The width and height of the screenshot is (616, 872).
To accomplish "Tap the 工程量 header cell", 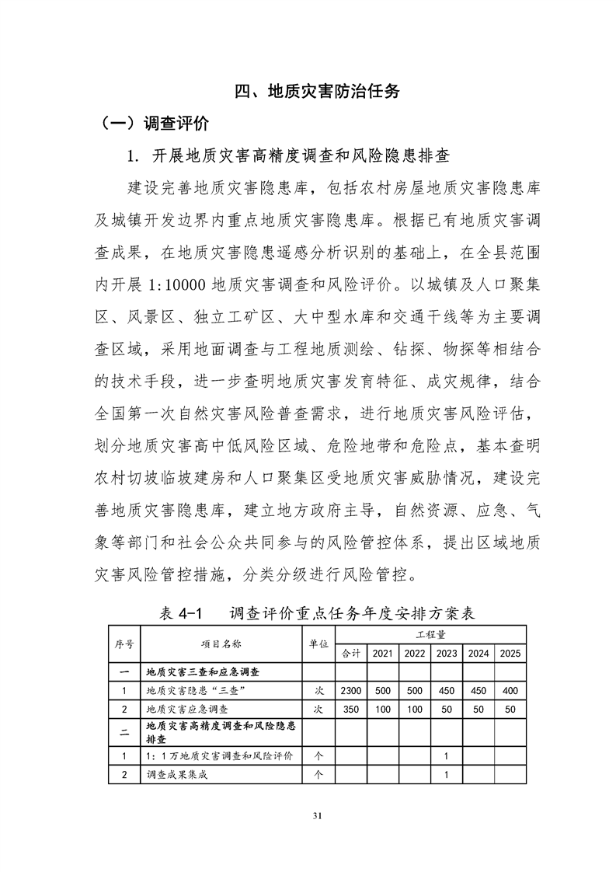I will point(430,635).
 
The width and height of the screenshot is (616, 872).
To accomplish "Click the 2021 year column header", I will point(382,654).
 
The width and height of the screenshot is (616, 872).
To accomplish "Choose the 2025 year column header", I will point(510,654).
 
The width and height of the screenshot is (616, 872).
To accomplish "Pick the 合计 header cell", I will point(350,654).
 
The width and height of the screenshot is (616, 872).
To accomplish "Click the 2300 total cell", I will point(350,691).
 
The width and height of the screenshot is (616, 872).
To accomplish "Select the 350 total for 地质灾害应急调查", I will point(350,710).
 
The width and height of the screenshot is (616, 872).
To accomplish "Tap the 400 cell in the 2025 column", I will point(510,691).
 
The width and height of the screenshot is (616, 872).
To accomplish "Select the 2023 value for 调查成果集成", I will point(446,775).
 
